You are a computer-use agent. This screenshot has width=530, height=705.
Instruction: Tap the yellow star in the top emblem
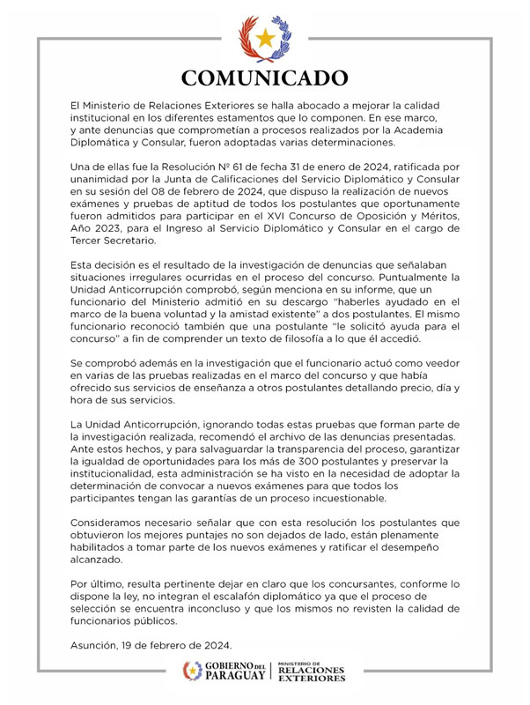point(264,38)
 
